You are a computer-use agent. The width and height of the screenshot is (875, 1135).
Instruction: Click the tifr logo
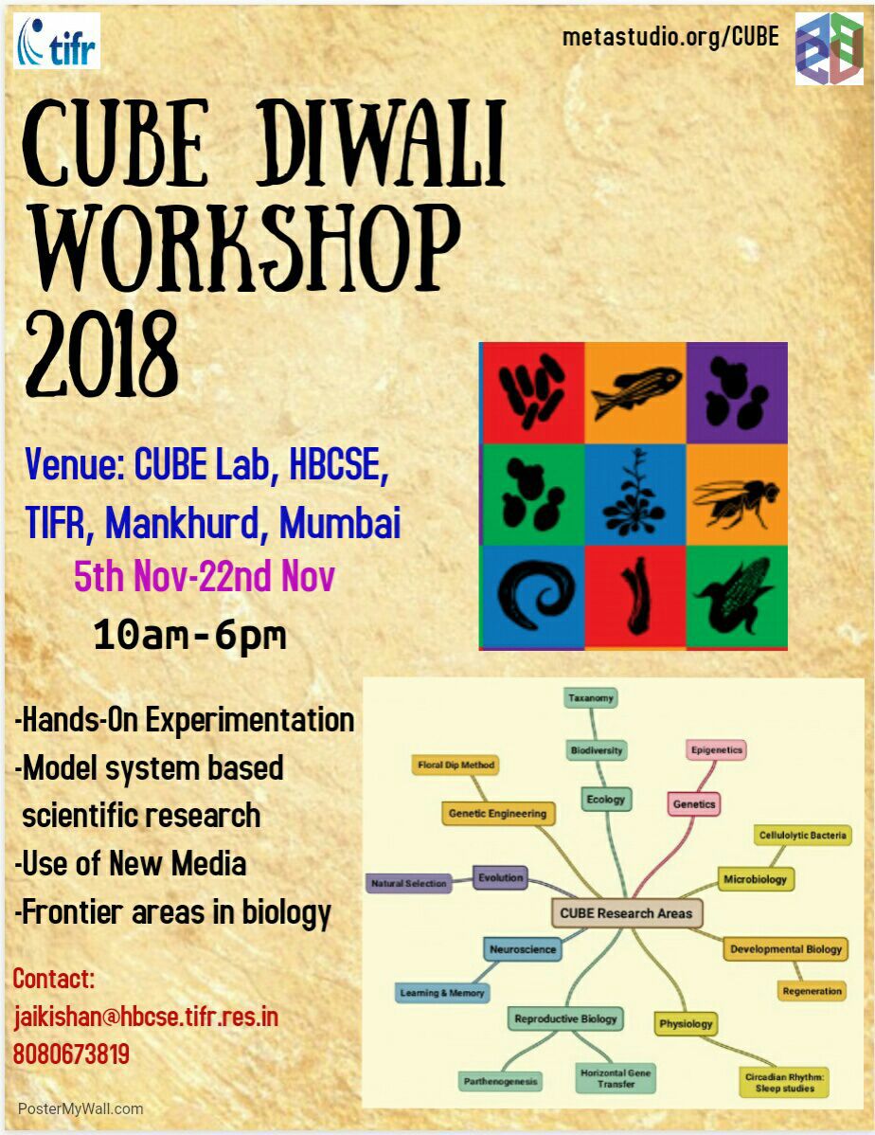pos(57,41)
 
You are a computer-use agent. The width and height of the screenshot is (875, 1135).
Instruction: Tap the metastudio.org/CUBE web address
pos(670,36)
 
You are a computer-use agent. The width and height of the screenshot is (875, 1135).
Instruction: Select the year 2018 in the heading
pos(101,354)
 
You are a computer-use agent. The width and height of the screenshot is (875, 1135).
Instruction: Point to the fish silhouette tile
pos(635,392)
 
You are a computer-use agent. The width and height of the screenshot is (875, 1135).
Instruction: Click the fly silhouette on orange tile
pos(737,495)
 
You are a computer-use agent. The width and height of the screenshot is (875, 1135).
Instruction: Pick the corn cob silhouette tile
pos(737,597)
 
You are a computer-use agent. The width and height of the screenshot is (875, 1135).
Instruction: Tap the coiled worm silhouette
pos(534,595)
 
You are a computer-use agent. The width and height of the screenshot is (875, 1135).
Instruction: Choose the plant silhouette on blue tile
pos(635,495)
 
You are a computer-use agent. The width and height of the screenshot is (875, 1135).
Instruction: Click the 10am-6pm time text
pos(190,635)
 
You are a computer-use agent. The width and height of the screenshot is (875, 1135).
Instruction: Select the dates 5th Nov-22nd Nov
pos(205,576)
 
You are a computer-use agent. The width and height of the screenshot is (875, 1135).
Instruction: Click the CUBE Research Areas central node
pos(627,912)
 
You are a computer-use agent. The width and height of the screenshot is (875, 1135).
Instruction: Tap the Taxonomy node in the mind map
pos(591,698)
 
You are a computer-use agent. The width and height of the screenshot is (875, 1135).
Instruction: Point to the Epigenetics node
pos(717,750)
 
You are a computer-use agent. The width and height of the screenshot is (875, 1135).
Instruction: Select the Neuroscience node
pos(523,949)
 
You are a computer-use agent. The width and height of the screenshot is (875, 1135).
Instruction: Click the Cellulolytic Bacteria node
pos(803,835)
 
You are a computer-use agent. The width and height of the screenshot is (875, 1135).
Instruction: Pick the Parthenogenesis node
pos(501,1081)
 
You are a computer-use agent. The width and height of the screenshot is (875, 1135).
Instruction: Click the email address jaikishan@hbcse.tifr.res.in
pos(146,1017)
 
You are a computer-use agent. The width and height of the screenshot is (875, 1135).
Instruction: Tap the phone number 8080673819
pos(71,1054)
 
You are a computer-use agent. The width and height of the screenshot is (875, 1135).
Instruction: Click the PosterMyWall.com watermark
pos(80,1108)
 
